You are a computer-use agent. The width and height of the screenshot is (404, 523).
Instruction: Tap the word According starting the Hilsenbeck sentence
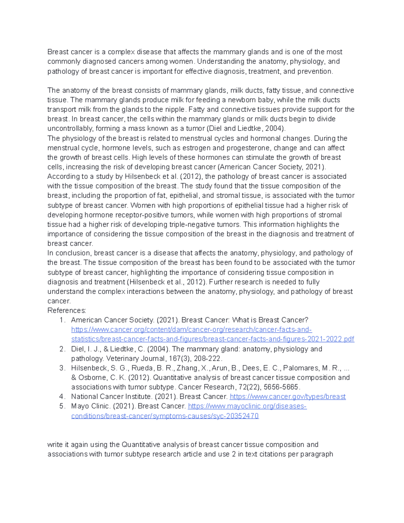coord(62,176)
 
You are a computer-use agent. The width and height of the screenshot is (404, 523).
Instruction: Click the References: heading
coord(67,310)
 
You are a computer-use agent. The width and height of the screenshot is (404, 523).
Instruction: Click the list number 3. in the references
coord(62,368)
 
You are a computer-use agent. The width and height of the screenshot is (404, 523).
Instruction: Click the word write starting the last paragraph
coord(55,445)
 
